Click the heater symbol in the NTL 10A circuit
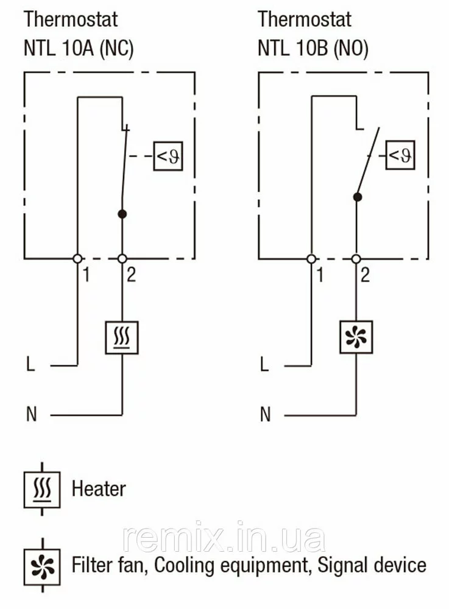[x=122, y=337]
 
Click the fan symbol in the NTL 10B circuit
[x=356, y=337]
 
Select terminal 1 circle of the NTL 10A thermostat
[x=77, y=258]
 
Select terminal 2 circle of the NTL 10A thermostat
[x=122, y=258]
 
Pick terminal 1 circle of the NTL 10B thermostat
[x=311, y=258]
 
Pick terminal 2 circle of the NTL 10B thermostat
[x=356, y=258]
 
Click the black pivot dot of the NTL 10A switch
[x=122, y=214]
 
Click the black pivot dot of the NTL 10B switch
[x=358, y=197]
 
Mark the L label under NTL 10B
[x=264, y=365]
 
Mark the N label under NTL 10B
[x=265, y=415]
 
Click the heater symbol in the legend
[x=42, y=489]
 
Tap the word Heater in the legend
[x=99, y=488]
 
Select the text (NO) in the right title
[x=350, y=48]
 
